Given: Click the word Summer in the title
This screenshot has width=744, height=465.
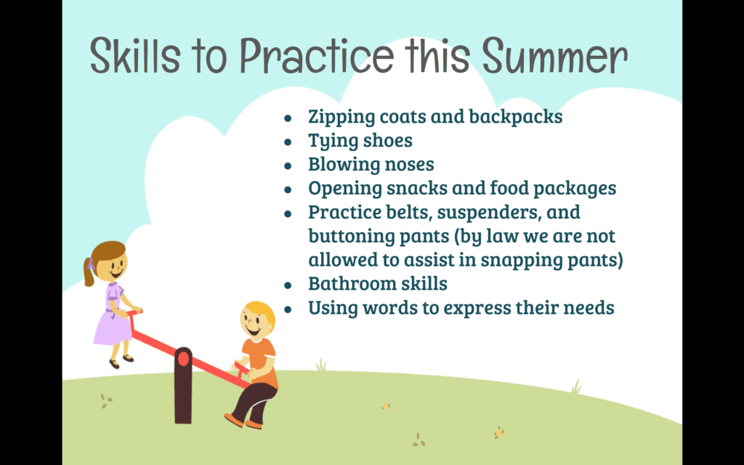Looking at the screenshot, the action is [554, 55].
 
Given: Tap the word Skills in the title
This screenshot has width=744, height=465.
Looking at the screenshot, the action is [134, 55].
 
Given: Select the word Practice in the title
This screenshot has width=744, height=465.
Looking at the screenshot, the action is [316, 55].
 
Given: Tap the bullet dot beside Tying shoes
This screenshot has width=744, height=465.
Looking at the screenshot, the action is [288, 142].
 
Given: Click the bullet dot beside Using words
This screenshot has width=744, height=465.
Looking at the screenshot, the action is [288, 310].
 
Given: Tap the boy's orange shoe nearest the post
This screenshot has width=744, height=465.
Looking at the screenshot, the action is [233, 420].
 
